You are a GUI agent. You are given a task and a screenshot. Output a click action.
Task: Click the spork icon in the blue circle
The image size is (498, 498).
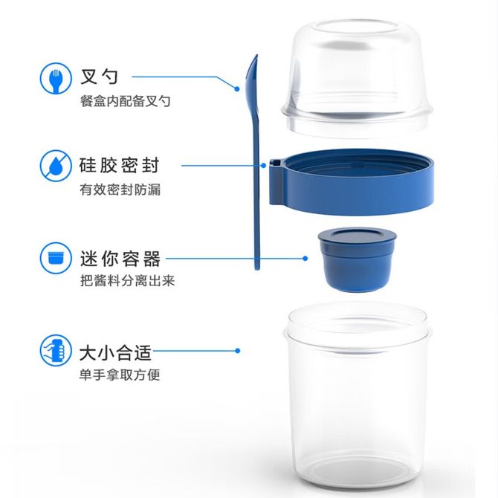pyautogui.click(x=56, y=79)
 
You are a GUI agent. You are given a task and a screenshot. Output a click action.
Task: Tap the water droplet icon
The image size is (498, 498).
pyautogui.click(x=56, y=166)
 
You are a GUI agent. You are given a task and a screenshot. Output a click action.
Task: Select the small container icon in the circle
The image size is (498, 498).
pyautogui.click(x=56, y=258)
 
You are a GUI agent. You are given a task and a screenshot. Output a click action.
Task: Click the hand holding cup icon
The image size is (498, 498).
pyautogui.click(x=56, y=350)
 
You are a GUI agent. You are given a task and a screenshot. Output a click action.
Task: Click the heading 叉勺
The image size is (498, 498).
pyautogui.click(x=99, y=77)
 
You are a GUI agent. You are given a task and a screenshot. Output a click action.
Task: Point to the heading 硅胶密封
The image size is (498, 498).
pyautogui.click(x=120, y=165)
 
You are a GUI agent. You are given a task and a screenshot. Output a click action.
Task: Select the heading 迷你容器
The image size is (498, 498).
pyautogui.click(x=120, y=259)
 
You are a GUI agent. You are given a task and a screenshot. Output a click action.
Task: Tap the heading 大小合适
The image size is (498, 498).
pyautogui.click(x=116, y=352)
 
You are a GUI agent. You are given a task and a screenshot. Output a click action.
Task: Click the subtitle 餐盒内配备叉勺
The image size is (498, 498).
pyautogui.click(x=126, y=101)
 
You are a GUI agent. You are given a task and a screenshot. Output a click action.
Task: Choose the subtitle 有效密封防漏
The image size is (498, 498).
pyautogui.click(x=120, y=190)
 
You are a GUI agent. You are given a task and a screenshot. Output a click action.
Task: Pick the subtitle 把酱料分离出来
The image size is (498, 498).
pyautogui.click(x=127, y=280)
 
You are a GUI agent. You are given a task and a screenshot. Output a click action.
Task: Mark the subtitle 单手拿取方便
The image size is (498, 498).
pyautogui.click(x=120, y=375)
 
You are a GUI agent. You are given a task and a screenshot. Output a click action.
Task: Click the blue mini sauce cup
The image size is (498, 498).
pyautogui.click(x=358, y=259)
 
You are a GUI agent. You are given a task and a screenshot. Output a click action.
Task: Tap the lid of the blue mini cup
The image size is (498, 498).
pyautogui.click(x=358, y=236)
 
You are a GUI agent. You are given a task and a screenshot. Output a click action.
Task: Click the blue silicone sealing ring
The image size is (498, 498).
pyautogui.click(x=352, y=182)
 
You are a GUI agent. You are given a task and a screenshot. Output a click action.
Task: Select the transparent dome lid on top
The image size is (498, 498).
pyautogui.click(x=357, y=78)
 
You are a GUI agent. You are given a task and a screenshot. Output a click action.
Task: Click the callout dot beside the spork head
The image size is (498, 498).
pyautogui.click(x=237, y=89)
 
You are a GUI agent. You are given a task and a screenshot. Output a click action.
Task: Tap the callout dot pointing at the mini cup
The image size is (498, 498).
pyautogui.click(x=305, y=259)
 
